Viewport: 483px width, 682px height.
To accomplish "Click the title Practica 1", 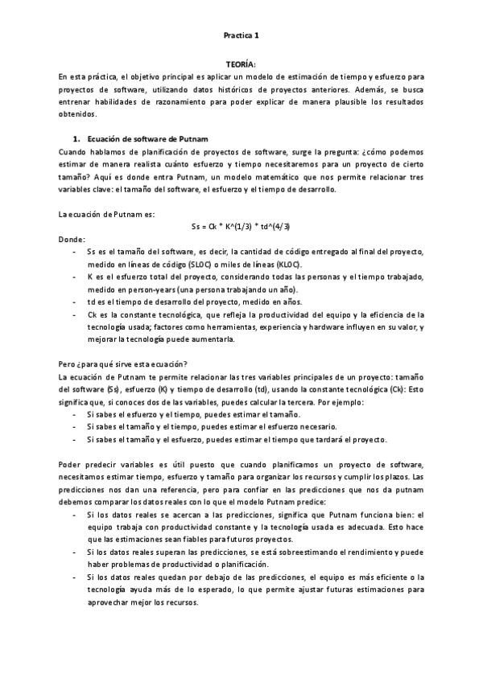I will [241, 35].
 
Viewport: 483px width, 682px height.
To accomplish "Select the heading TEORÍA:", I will [241, 63].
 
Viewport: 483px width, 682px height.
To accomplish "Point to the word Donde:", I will [72, 240].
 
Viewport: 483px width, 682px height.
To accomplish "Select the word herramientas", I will [238, 327].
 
